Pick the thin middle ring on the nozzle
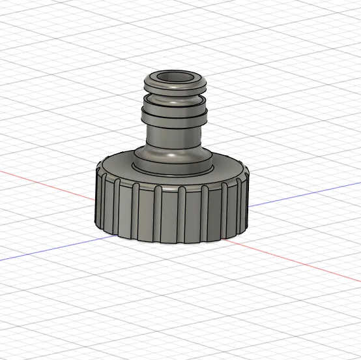(174, 104)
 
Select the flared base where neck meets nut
(173, 160)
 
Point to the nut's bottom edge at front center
(172, 244)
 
